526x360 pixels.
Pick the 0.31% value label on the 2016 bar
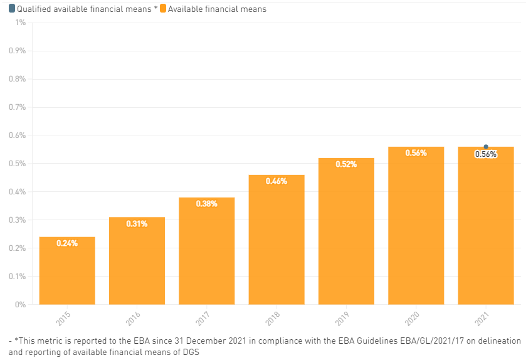pyautogui.click(x=137, y=224)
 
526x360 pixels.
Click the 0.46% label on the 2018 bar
pyautogui.click(x=276, y=181)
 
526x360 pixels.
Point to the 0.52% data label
pyautogui.click(x=346, y=164)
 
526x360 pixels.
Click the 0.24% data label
pyautogui.click(x=67, y=243)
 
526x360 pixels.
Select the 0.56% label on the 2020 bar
pyautogui.click(x=416, y=153)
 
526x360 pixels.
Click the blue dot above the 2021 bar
pyautogui.click(x=486, y=147)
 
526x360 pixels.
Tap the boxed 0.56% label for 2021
pyautogui.click(x=486, y=154)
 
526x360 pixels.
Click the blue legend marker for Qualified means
pyautogui.click(x=12, y=9)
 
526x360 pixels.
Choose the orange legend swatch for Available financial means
pyautogui.click(x=162, y=9)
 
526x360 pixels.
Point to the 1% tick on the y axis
pyautogui.click(x=20, y=23)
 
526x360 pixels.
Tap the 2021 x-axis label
pyautogui.click(x=482, y=319)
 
